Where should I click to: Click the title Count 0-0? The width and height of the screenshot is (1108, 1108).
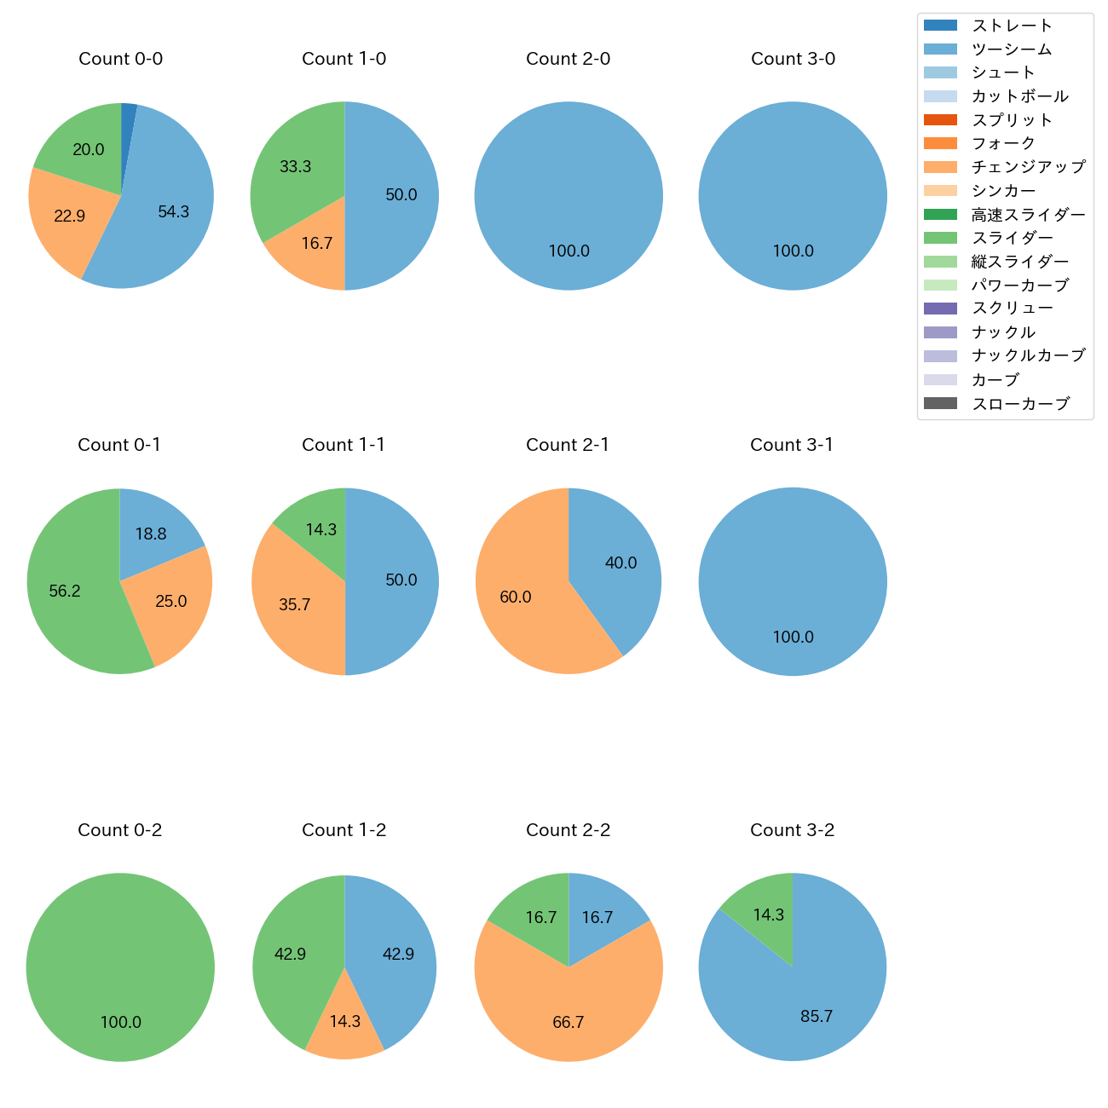tap(120, 59)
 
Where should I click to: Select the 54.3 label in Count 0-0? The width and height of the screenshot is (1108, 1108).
tap(173, 212)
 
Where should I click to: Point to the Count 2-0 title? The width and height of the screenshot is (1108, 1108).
tap(568, 59)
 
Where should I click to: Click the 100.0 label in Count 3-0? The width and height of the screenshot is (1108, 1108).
tap(793, 251)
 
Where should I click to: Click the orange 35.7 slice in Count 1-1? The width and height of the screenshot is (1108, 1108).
tap(294, 605)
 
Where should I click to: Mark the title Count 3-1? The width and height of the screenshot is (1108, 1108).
tap(792, 445)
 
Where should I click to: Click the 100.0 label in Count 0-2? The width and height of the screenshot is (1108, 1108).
tap(121, 1023)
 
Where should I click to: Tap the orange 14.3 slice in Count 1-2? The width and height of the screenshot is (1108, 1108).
tap(344, 1027)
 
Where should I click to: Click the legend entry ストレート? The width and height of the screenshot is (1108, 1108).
tap(1012, 26)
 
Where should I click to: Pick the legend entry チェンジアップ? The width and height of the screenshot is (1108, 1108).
tap(1028, 167)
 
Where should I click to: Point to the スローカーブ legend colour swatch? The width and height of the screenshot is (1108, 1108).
tap(940, 404)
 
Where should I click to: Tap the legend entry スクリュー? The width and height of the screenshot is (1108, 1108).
tap(1012, 309)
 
